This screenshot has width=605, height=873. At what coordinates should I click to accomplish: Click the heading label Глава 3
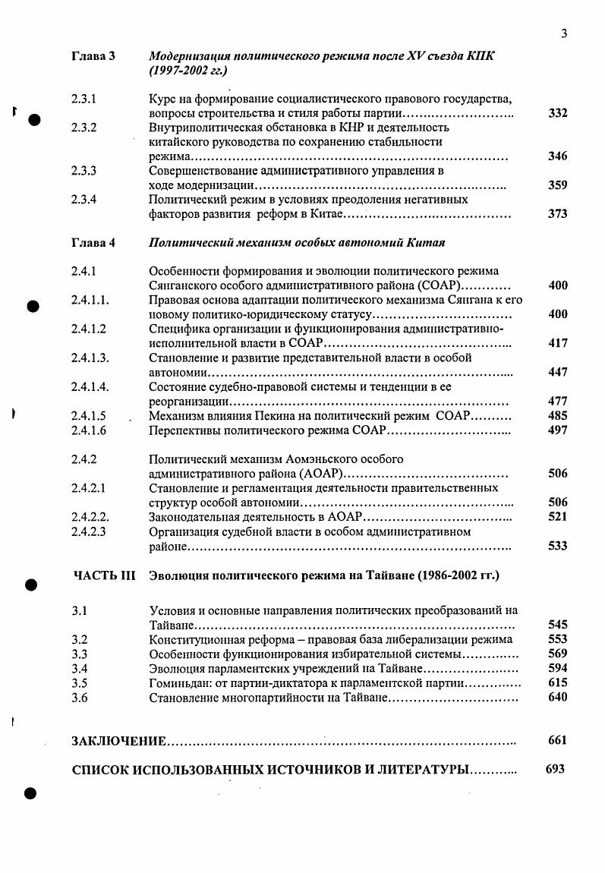click(x=93, y=57)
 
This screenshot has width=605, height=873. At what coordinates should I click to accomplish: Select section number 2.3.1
click(x=84, y=99)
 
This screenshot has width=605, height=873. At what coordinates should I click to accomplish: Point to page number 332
click(x=558, y=114)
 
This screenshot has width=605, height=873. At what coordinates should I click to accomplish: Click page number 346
click(x=558, y=156)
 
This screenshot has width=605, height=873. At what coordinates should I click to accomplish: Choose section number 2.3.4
click(x=84, y=200)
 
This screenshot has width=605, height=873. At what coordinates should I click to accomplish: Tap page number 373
click(x=558, y=214)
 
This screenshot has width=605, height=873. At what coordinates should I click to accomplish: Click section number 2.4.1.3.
click(x=90, y=358)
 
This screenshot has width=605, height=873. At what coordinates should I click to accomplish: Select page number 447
click(x=558, y=372)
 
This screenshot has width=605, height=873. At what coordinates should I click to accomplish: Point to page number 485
click(x=558, y=416)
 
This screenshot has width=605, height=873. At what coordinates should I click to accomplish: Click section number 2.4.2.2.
click(x=90, y=516)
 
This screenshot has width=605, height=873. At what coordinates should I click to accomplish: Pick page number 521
click(x=558, y=516)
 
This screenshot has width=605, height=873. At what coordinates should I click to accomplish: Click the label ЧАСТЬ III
click(x=103, y=575)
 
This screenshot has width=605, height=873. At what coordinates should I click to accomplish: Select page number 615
click(x=558, y=683)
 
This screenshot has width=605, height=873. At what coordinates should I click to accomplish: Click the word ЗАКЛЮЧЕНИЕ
click(x=119, y=740)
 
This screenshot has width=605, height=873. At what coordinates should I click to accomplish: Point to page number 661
click(x=557, y=740)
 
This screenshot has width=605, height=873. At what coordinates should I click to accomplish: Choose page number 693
click(x=556, y=768)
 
